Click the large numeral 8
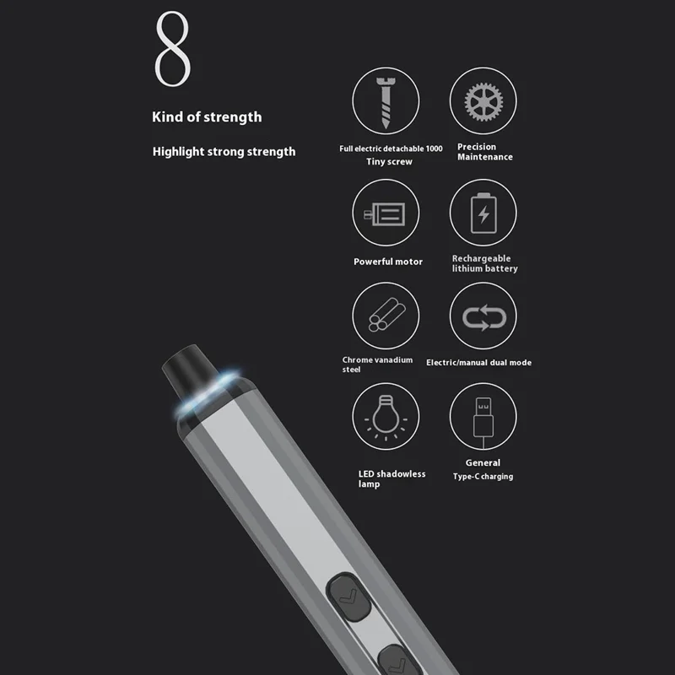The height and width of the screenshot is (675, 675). (172, 49)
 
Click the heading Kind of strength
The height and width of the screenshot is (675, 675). (207, 117)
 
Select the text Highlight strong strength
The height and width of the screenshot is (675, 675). (224, 152)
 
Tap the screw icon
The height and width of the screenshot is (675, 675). (386, 103)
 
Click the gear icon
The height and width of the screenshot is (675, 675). (483, 101)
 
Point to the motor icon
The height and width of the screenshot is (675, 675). (385, 214)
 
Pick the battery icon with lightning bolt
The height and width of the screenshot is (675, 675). (483, 213)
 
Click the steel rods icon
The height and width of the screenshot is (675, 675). (386, 315)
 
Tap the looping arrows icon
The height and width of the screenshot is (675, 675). (483, 317)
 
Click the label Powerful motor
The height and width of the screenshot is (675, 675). (388, 262)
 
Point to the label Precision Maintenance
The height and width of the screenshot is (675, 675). (484, 152)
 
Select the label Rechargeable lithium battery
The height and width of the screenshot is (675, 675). (484, 263)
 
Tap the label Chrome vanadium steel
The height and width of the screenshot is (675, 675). (377, 364)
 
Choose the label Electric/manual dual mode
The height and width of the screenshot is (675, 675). (478, 363)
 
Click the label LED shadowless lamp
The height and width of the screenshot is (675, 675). (391, 478)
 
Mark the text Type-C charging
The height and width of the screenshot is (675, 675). (483, 477)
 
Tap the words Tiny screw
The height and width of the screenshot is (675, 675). (389, 162)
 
